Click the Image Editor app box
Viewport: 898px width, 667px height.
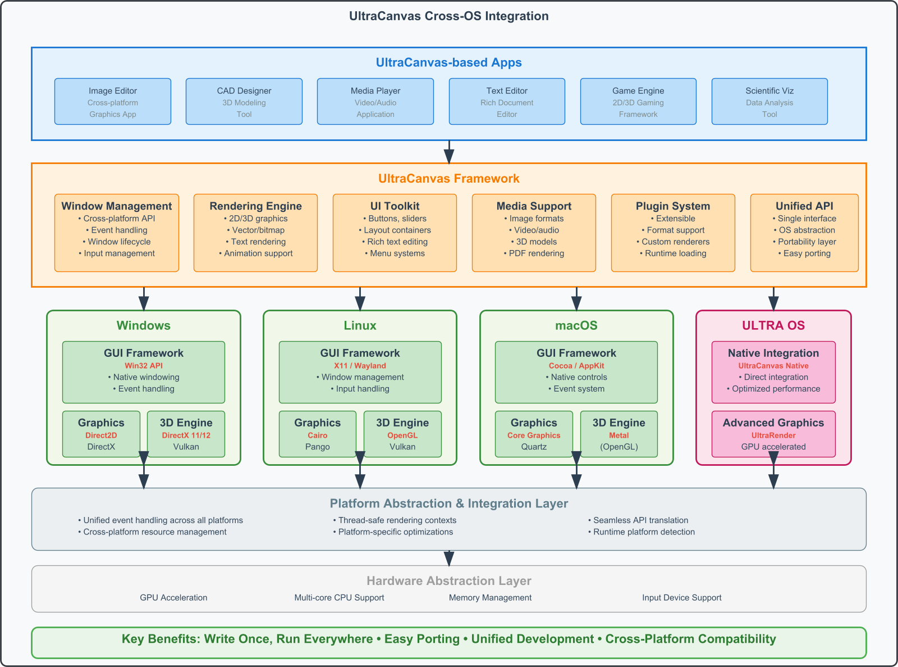pyautogui.click(x=113, y=101)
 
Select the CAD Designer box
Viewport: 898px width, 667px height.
pyautogui.click(x=244, y=101)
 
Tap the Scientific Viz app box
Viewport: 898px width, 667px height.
pyautogui.click(x=769, y=101)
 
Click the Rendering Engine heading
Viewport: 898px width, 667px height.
pyautogui.click(x=255, y=206)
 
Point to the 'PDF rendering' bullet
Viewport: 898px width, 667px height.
pyautogui.click(x=534, y=253)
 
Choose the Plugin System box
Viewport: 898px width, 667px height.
pyautogui.click(x=673, y=233)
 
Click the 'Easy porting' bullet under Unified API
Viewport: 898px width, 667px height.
pyautogui.click(x=804, y=253)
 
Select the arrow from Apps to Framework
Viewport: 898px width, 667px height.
pyautogui.click(x=449, y=152)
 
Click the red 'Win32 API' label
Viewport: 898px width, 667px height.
pyautogui.click(x=144, y=365)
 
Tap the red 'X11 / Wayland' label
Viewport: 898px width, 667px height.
pyautogui.click(x=360, y=365)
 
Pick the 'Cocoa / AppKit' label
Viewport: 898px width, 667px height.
pyautogui.click(x=576, y=365)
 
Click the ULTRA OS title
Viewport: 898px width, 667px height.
pyautogui.click(x=773, y=325)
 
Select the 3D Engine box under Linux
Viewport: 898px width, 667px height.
pyautogui.click(x=402, y=434)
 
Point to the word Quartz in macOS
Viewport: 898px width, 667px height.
pyautogui.click(x=534, y=446)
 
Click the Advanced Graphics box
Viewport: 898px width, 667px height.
pyautogui.click(x=773, y=434)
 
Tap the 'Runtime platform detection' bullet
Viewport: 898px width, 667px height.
pyautogui.click(x=642, y=532)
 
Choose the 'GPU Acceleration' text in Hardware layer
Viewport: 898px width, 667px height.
pyautogui.click(x=173, y=597)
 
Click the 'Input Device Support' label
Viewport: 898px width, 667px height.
pyautogui.click(x=682, y=597)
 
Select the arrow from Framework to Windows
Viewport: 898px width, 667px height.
pyautogui.click(x=144, y=299)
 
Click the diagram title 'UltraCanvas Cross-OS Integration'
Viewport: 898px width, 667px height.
pyautogui.click(x=449, y=16)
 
